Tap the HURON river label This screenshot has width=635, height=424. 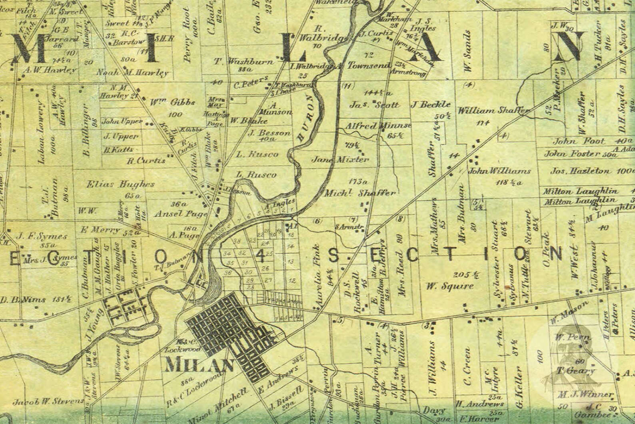pyautogui.click(x=309, y=119)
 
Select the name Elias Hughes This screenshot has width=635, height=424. pyautogui.click(x=120, y=185)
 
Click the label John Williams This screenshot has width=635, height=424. pyautogui.click(x=499, y=171)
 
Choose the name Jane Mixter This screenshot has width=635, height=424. pyautogui.click(x=340, y=159)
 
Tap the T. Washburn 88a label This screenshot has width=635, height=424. pyautogui.click(x=244, y=62)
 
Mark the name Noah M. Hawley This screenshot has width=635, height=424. pyautogui.click(x=132, y=73)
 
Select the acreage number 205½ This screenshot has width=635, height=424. pyautogui.click(x=464, y=275)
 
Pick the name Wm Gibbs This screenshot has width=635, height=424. pyautogui.click(x=166, y=102)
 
